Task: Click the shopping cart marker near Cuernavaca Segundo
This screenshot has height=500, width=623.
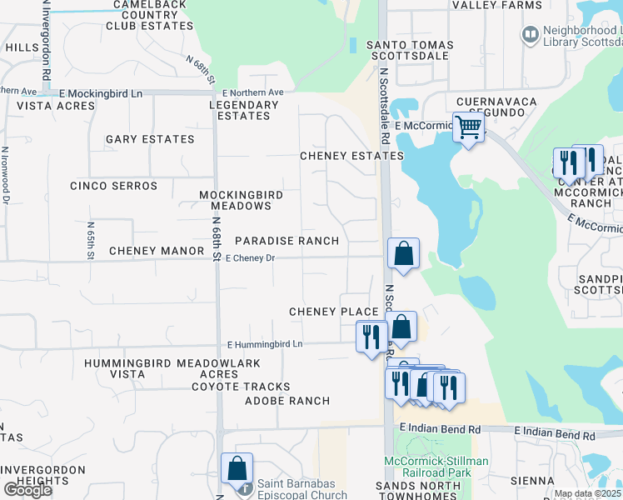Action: point(469,128)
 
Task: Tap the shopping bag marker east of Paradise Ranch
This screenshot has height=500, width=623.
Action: point(403,253)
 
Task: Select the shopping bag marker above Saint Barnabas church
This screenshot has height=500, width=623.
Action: point(237,469)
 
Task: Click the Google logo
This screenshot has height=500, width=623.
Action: point(27,490)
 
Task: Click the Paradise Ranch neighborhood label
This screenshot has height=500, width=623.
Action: point(287,241)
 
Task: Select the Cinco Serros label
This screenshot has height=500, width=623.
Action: point(113,186)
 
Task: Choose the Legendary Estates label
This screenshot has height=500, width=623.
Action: point(243,110)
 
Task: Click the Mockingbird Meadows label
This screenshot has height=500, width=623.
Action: point(241,200)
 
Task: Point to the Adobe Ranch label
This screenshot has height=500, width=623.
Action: point(287,401)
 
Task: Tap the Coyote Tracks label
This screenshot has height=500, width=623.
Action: point(241,387)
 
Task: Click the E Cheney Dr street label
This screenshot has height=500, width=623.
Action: point(250,258)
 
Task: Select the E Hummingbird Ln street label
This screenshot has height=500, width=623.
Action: point(265,343)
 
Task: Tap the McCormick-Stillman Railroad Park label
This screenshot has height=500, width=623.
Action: point(436,467)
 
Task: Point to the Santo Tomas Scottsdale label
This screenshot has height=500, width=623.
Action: point(411,50)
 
